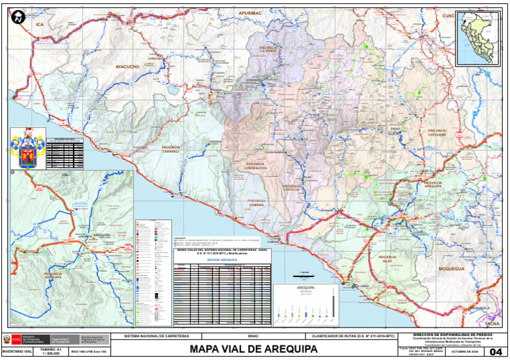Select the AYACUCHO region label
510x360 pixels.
point(127,66)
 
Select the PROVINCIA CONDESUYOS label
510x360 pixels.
point(255,166)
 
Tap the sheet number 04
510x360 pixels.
point(495,351)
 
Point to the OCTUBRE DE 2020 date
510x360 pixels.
point(464,351)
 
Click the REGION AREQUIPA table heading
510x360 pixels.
point(221,260)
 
